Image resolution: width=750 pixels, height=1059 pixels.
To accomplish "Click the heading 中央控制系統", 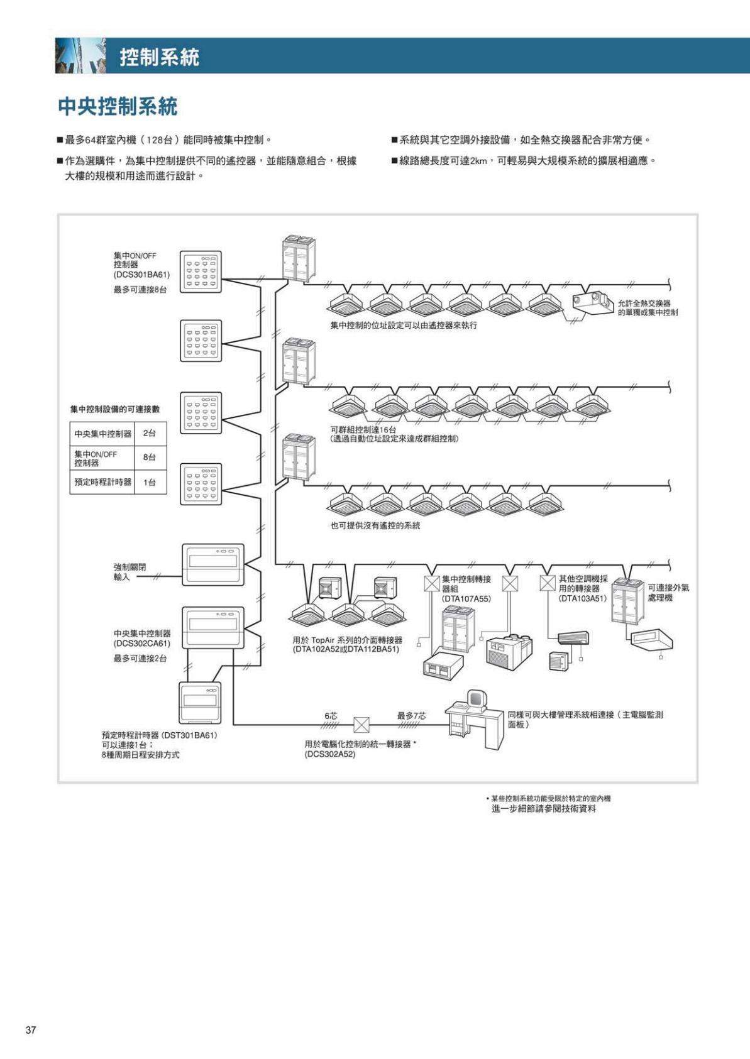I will click(x=118, y=106).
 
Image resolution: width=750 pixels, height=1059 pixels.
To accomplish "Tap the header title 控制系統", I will click(x=160, y=57).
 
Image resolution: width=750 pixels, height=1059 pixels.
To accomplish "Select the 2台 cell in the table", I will click(x=150, y=434).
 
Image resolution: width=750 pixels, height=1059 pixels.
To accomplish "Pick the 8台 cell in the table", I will click(x=150, y=458).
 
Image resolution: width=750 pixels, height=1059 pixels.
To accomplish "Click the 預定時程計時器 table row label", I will click(x=102, y=482).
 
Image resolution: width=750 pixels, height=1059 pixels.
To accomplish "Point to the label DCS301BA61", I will click(x=141, y=275).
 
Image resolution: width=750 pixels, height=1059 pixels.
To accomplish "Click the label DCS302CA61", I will click(x=141, y=644).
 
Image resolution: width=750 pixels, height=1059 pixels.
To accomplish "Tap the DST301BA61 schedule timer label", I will click(x=160, y=735).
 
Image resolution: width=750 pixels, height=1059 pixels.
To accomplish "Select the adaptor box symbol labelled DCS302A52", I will click(x=361, y=725).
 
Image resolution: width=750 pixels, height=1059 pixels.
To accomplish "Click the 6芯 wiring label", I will click(x=331, y=716).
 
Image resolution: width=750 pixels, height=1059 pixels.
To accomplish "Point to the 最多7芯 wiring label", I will click(x=411, y=716).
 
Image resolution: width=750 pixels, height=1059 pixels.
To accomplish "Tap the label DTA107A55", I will click(x=466, y=599).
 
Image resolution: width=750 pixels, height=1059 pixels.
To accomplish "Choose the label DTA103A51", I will click(x=582, y=599).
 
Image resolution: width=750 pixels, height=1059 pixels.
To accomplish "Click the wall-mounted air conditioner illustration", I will click(x=573, y=637).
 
